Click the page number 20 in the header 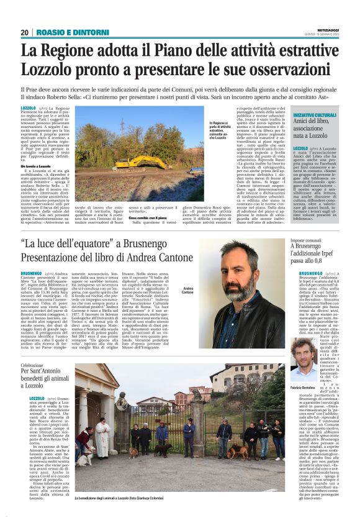coord(25,32)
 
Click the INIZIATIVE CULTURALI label coord(316,116)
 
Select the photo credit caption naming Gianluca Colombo coord(124,499)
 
